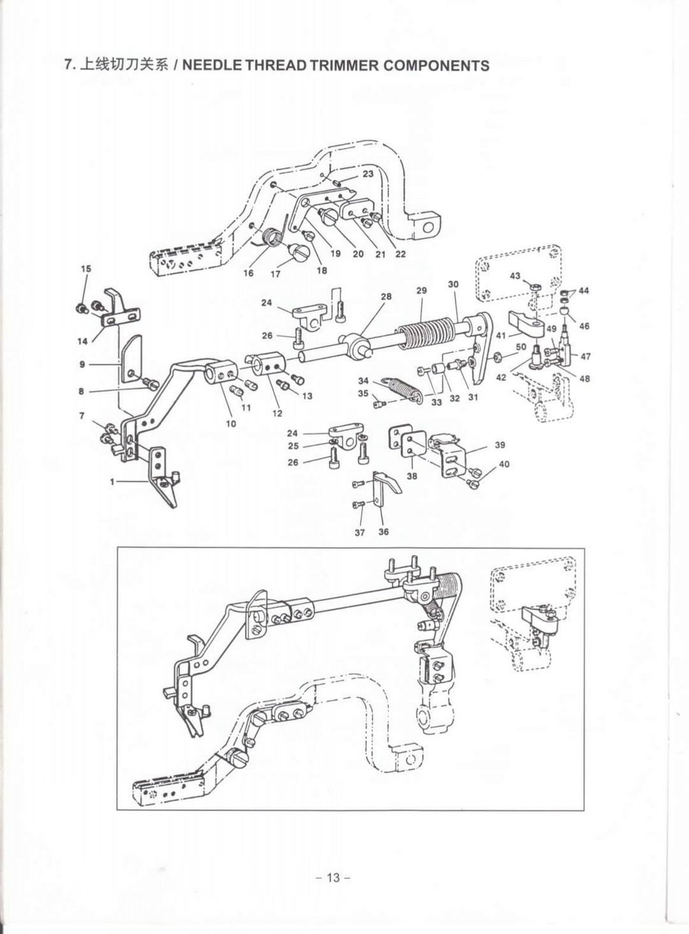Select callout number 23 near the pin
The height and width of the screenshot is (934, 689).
368,173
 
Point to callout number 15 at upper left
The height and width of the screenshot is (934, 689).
86,268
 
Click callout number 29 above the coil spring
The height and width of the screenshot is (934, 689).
422,290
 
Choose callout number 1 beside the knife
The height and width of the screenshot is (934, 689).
112,482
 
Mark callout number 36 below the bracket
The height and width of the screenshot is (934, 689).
383,532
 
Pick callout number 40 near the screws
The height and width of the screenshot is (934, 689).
504,464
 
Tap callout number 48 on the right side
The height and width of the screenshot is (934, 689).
584,378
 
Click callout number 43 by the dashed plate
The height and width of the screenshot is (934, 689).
515,277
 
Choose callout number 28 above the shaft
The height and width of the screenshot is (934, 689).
386,296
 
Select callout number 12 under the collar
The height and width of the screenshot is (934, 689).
277,413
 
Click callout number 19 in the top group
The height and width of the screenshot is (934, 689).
336,254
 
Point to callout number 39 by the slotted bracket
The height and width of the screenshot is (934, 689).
500,445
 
